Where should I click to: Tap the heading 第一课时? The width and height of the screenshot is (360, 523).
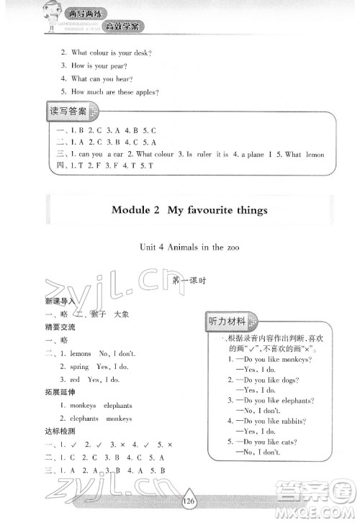click(189, 281)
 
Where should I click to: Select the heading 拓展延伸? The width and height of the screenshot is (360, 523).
click(59, 392)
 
